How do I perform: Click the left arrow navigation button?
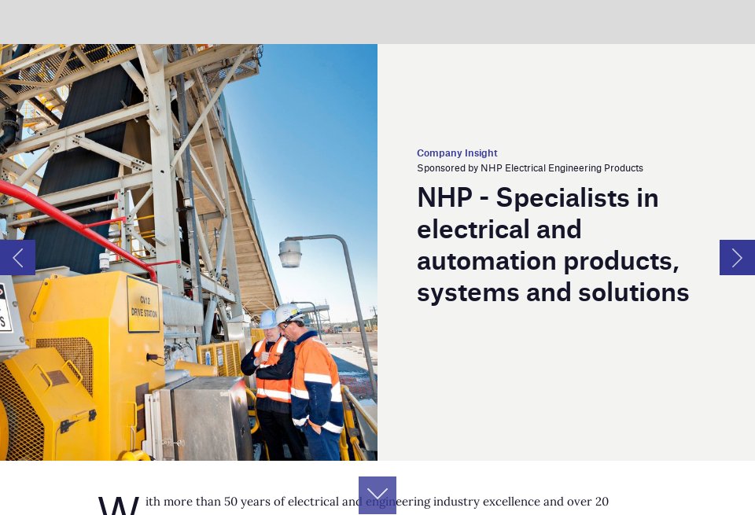pos(17,258)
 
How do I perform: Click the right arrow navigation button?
pos(737,258)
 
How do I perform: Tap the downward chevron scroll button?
pos(377,495)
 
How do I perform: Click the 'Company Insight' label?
pos(457,153)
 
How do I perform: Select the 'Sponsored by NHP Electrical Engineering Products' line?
pos(530,168)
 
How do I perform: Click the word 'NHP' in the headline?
pos(444,198)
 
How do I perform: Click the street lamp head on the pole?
pos(290,253)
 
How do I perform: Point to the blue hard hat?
pos(268,318)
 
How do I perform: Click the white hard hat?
pos(287,313)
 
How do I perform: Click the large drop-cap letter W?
pos(119,506)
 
